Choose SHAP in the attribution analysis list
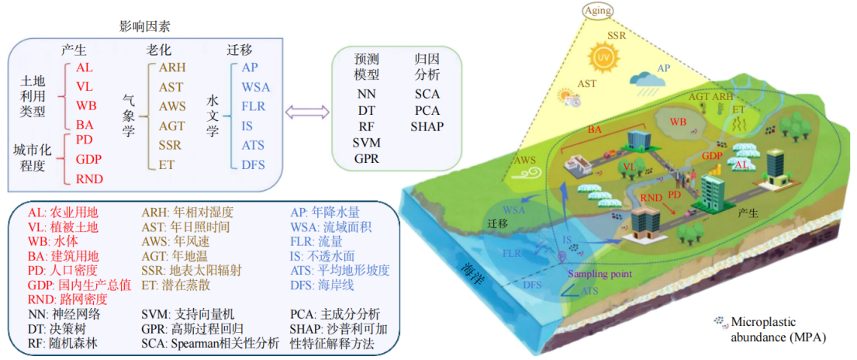(x=427, y=126)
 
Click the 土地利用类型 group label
(x=32, y=96)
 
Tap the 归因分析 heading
(x=427, y=67)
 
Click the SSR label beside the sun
(x=617, y=37)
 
